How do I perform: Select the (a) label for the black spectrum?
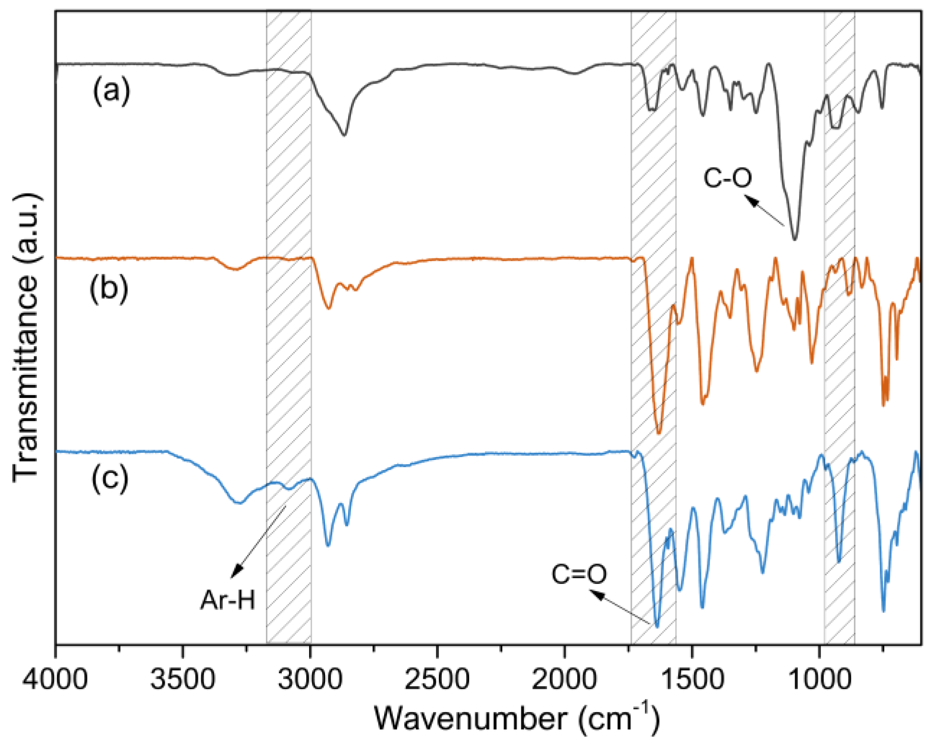pyautogui.click(x=111, y=90)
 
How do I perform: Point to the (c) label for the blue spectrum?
pyautogui.click(x=110, y=478)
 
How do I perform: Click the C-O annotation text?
pyautogui.click(x=727, y=178)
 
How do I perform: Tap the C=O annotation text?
pyautogui.click(x=579, y=574)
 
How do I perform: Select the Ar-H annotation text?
pyautogui.click(x=228, y=600)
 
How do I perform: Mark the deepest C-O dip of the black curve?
pyautogui.click(x=794, y=238)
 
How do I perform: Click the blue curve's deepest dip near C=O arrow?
pyautogui.click(x=657, y=626)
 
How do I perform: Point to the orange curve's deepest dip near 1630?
pyautogui.click(x=659, y=433)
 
